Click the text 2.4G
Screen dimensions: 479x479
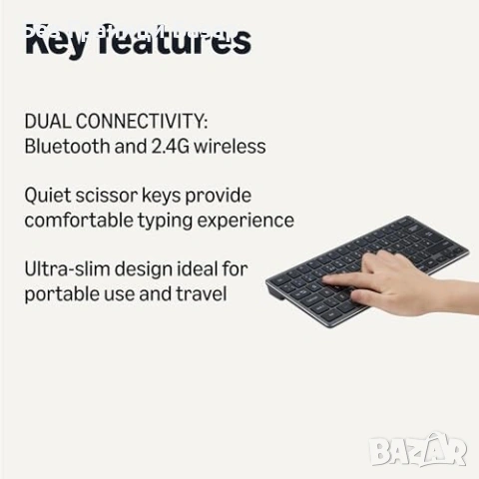point(168,146)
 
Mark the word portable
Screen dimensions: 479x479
point(60,294)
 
